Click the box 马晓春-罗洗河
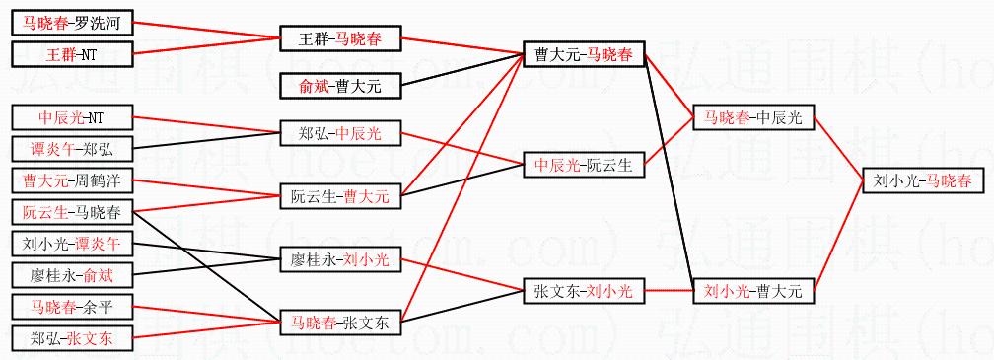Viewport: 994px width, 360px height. [x=73, y=24]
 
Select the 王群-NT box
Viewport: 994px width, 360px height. [x=73, y=54]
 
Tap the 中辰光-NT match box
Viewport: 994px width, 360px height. [x=73, y=117]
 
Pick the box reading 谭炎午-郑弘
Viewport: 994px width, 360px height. [x=73, y=150]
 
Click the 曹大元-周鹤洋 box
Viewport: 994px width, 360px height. [x=73, y=181]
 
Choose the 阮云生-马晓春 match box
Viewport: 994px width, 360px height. [x=73, y=212]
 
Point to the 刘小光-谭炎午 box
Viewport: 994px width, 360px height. [x=73, y=244]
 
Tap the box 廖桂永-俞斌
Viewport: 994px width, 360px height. [x=73, y=276]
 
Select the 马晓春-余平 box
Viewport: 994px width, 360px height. [x=73, y=309]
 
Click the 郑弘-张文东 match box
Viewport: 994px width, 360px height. [x=73, y=339]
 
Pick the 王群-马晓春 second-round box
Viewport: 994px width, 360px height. [x=340, y=39]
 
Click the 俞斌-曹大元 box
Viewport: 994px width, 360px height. [x=340, y=86]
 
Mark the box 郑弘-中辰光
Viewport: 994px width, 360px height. [x=340, y=134]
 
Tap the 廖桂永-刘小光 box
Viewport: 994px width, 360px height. [x=340, y=259]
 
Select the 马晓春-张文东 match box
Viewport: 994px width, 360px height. [x=340, y=324]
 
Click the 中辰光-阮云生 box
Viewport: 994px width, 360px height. [x=584, y=166]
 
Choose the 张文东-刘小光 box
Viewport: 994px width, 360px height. [x=584, y=292]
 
